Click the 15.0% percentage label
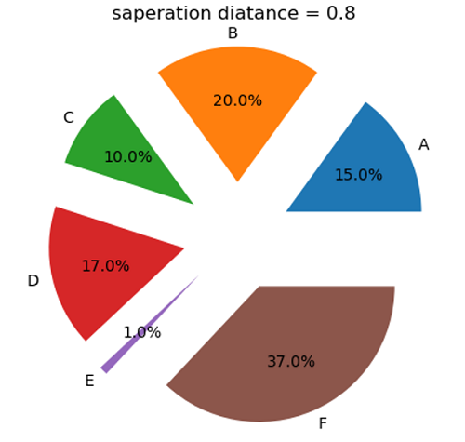point(358,175)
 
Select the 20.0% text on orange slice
point(237,100)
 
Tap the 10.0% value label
point(127,157)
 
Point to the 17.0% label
point(105,266)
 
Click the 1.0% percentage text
point(141,332)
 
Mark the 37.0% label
point(291,361)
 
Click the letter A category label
point(423,144)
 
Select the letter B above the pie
point(232,33)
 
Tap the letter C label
point(68,117)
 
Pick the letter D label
point(33,280)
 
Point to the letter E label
point(89,381)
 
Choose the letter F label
point(323,424)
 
